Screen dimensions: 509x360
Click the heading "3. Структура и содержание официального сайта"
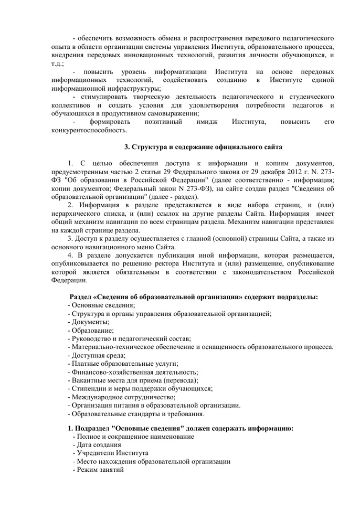pos(196,146)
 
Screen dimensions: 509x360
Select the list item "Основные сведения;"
pos(103,305)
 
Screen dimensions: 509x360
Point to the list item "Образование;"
pos(92,331)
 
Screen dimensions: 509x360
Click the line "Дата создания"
pos(97,444)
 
